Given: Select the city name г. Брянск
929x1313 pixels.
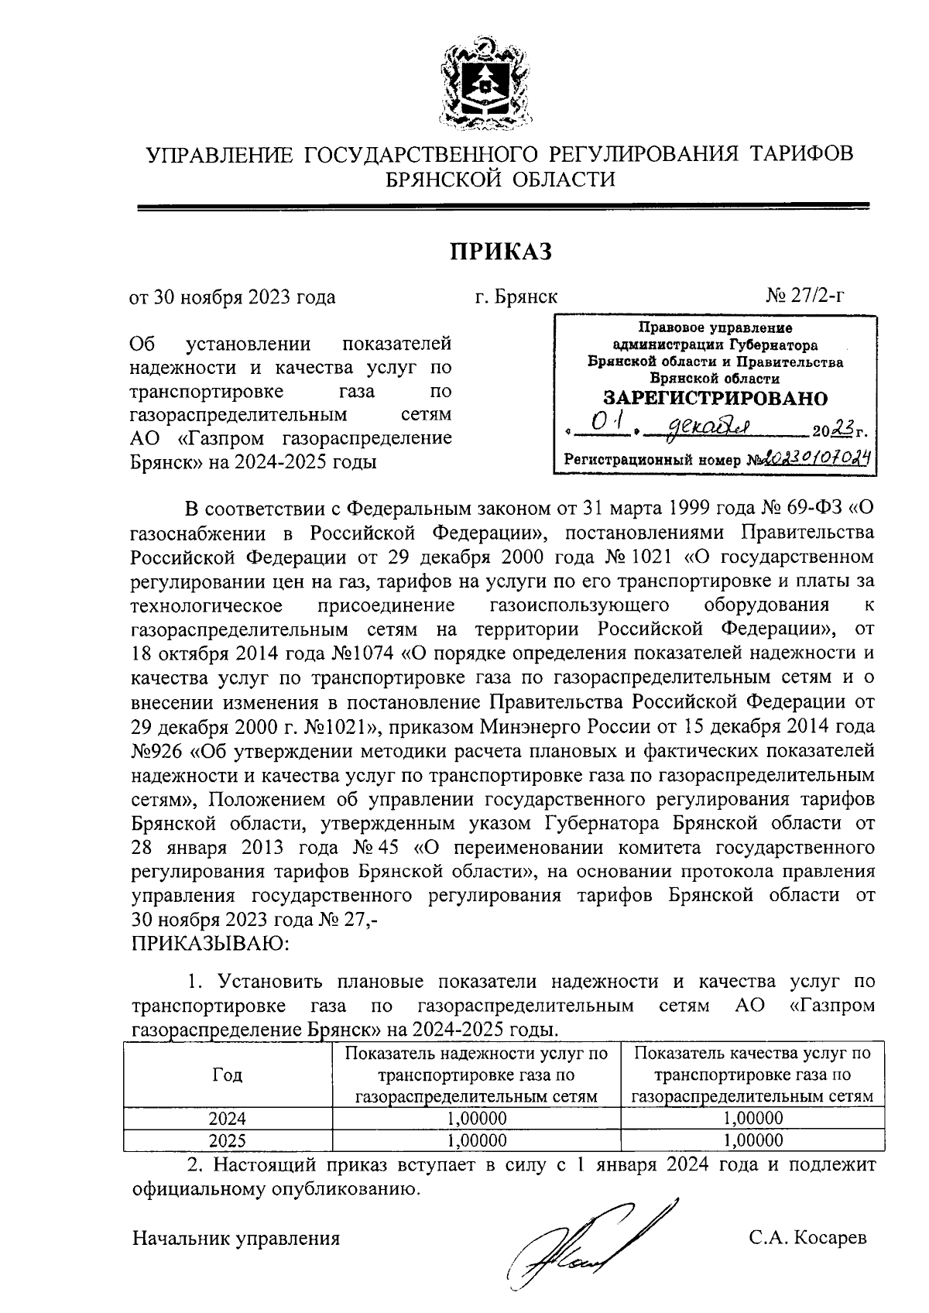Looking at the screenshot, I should pyautogui.click(x=516, y=297).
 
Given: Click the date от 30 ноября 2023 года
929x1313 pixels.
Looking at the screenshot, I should pyautogui.click(x=231, y=297).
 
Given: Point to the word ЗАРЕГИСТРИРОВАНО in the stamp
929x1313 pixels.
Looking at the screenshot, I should pyautogui.click(x=715, y=399).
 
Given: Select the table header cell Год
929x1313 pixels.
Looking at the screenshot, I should pyautogui.click(x=227, y=1075).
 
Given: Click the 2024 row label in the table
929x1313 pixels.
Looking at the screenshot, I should pyautogui.click(x=227, y=1118).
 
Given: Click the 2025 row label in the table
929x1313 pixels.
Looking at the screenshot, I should pyautogui.click(x=227, y=1140).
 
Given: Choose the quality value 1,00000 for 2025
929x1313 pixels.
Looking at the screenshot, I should pyautogui.click(x=752, y=1140).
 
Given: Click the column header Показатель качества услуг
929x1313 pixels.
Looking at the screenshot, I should pyautogui.click(x=752, y=1075).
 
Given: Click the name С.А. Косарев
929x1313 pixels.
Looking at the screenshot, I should pyautogui.click(x=807, y=1237).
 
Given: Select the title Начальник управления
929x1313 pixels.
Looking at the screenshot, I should pyautogui.click(x=236, y=1238).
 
